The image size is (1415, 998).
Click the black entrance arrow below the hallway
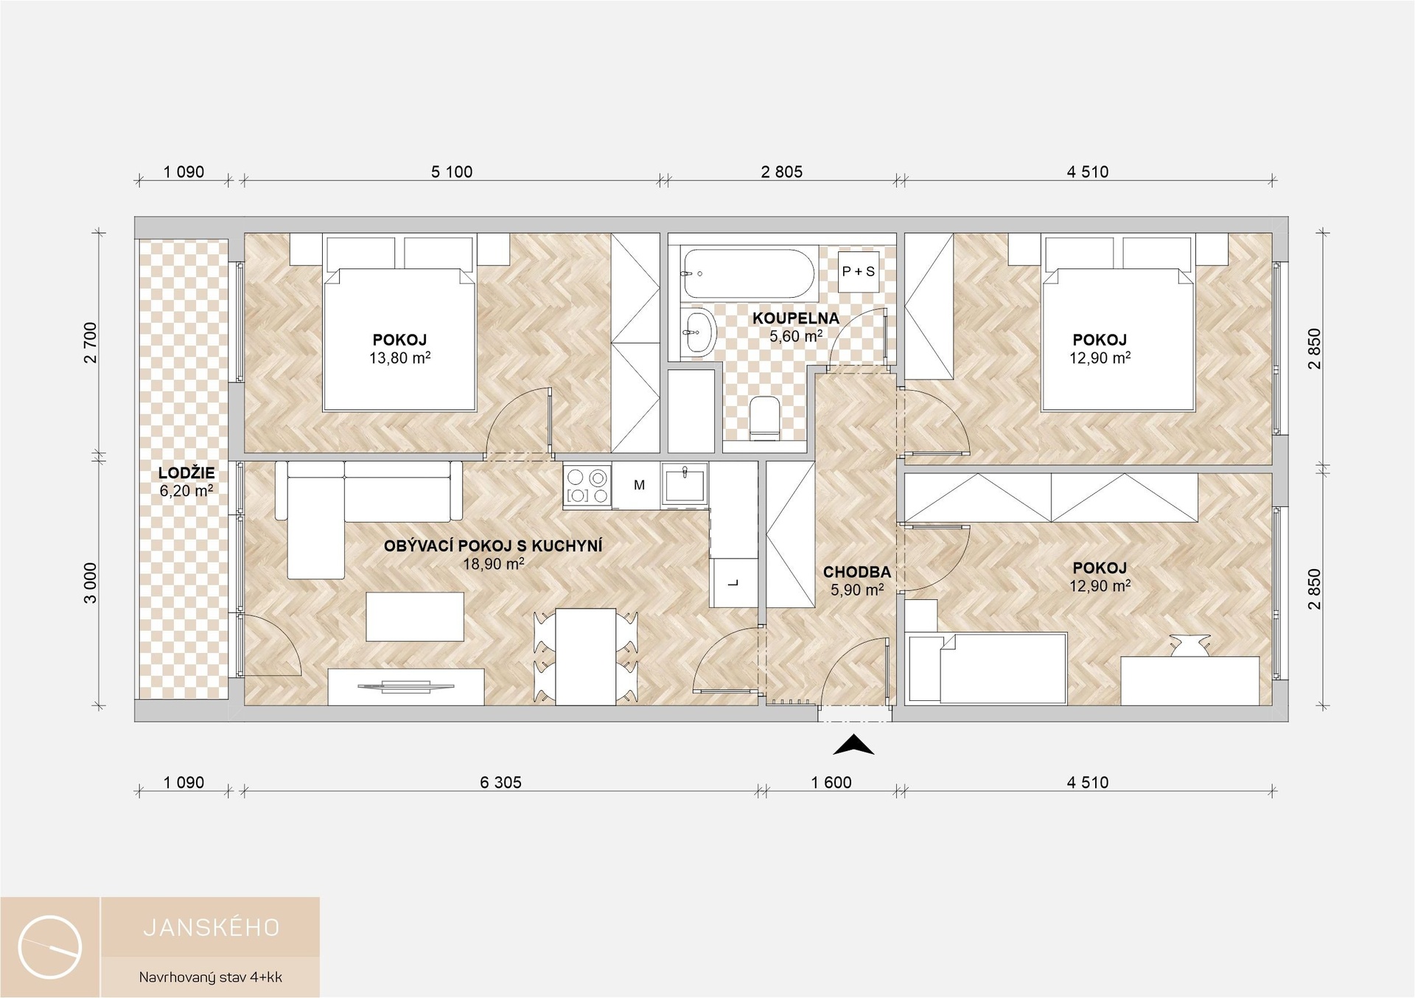point(853,747)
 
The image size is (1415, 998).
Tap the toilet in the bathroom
point(763,418)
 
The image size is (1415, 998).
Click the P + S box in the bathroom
point(859,271)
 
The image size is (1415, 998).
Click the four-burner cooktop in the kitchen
point(587,486)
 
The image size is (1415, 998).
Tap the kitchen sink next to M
point(685,484)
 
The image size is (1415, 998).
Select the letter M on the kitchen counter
point(639,485)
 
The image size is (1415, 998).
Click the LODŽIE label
point(186,473)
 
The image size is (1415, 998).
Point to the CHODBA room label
point(856,572)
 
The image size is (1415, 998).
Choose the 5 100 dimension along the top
point(452,172)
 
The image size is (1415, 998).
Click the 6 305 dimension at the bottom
point(500,782)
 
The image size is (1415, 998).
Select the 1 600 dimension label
point(831,782)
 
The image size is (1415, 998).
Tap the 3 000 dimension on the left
point(90,583)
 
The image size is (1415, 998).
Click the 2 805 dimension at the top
point(781,172)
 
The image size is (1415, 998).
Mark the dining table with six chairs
point(586,656)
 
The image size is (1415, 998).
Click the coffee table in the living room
point(415,617)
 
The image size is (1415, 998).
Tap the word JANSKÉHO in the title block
point(212,927)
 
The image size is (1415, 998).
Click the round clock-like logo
point(50,947)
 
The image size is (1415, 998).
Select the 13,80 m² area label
point(399,358)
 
